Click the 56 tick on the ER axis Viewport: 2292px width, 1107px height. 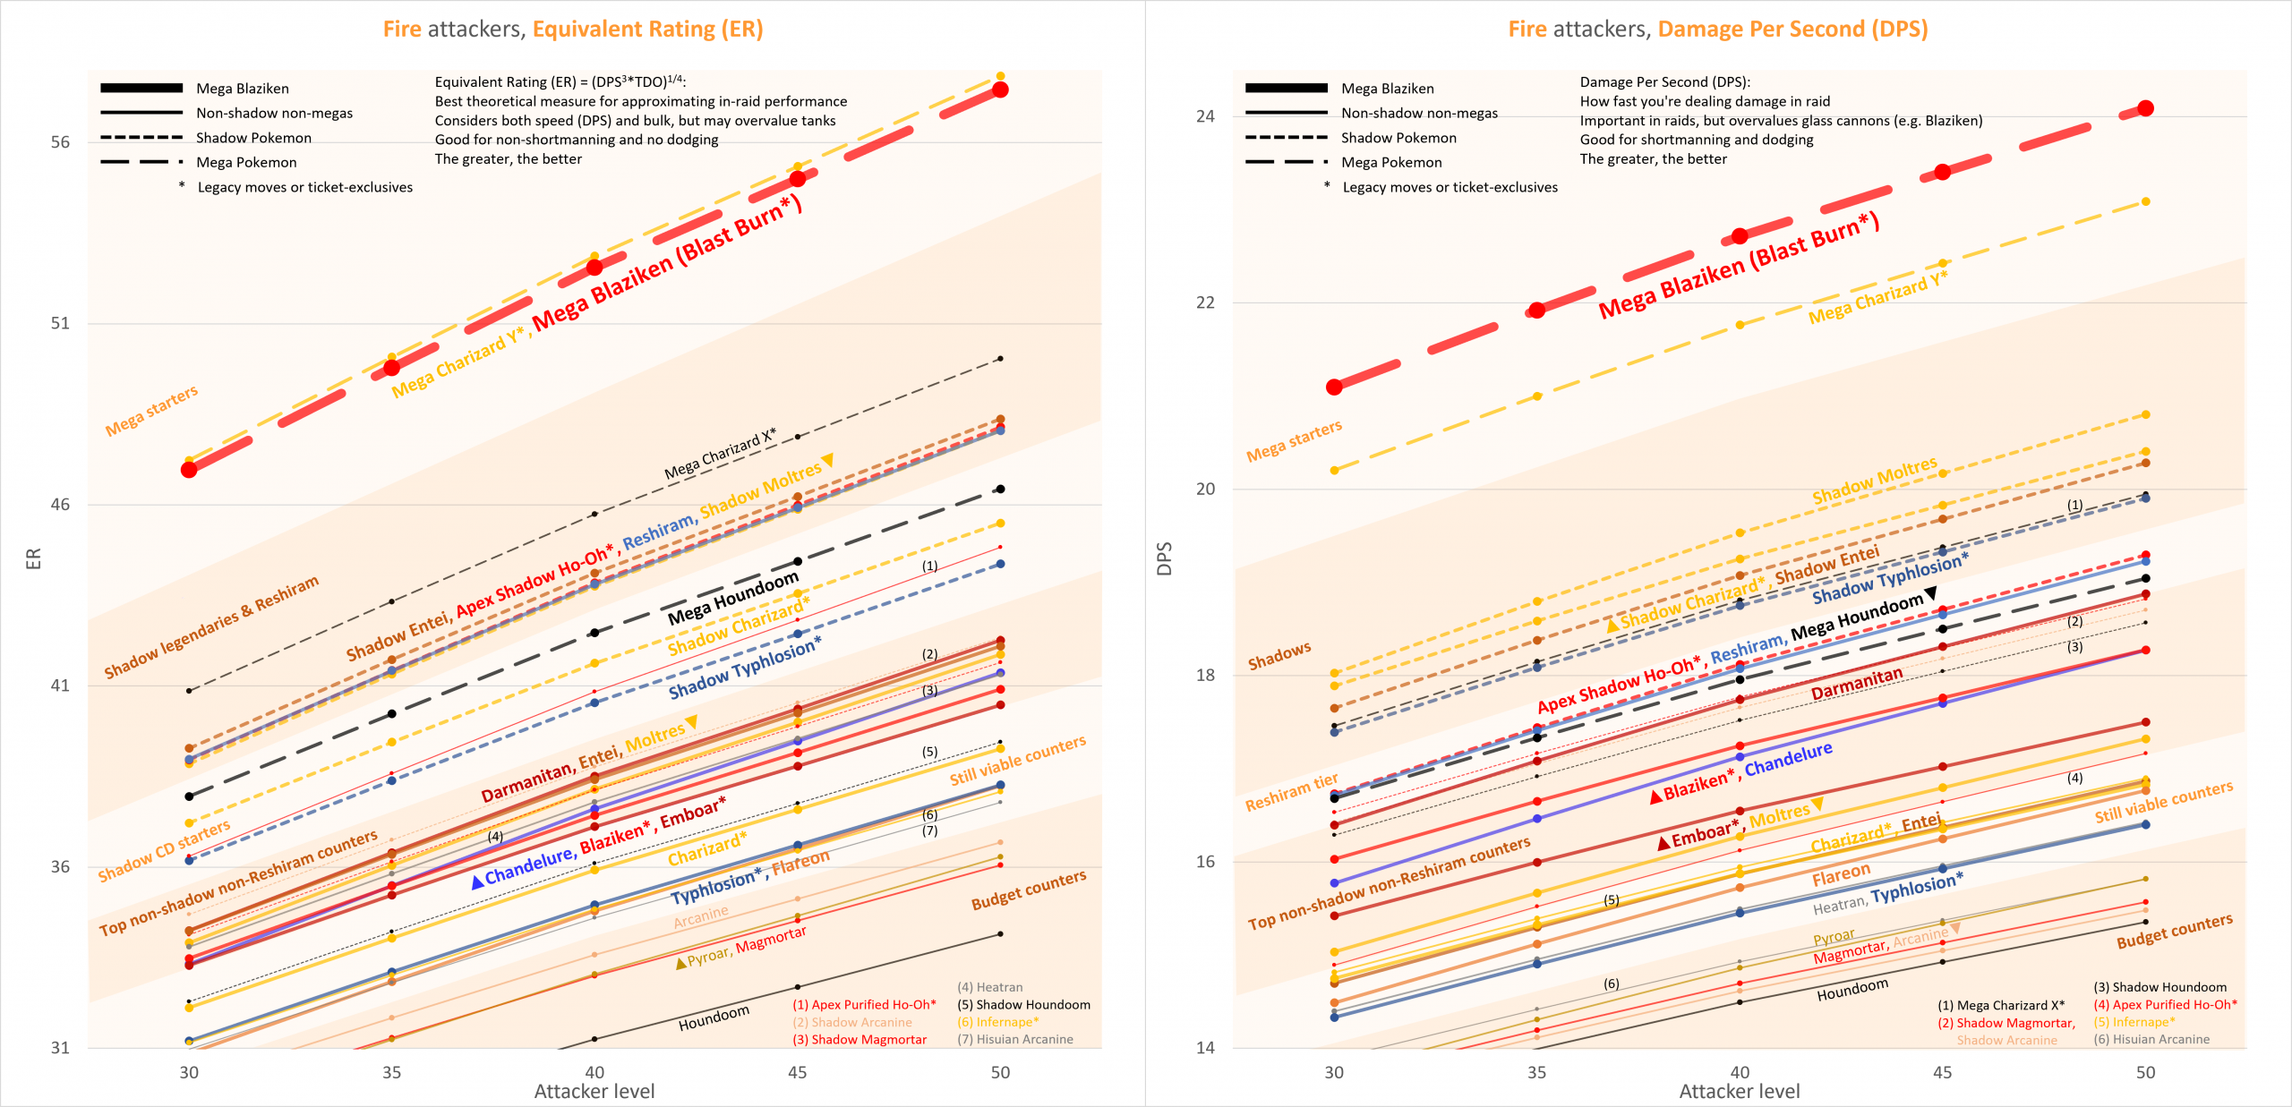point(60,142)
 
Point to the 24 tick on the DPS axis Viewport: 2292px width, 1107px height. point(1205,116)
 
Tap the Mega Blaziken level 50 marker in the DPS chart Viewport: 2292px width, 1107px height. point(2145,108)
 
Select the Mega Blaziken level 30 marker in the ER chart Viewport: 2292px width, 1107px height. point(189,470)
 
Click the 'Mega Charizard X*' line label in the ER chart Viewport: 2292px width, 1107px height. point(720,454)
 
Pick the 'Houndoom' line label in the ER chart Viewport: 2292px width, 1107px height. point(714,1018)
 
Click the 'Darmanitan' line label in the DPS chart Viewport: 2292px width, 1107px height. point(1857,684)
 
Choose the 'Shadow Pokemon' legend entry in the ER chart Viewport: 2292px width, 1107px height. point(253,138)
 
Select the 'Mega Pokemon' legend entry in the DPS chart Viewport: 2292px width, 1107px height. point(1391,162)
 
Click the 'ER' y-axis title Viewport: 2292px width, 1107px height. point(34,558)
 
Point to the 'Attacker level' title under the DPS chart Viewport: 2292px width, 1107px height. point(1739,1091)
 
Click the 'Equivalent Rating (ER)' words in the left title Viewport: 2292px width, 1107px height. point(647,30)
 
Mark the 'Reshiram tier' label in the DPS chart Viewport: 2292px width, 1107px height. point(1291,793)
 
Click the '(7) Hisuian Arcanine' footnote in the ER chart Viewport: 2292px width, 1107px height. point(1015,1039)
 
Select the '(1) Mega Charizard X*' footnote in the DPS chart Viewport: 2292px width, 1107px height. point(2001,1005)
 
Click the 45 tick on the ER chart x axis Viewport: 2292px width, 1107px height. point(797,1072)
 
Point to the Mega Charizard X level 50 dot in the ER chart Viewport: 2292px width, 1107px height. point(1000,359)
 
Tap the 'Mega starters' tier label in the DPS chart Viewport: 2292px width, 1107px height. point(1294,441)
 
